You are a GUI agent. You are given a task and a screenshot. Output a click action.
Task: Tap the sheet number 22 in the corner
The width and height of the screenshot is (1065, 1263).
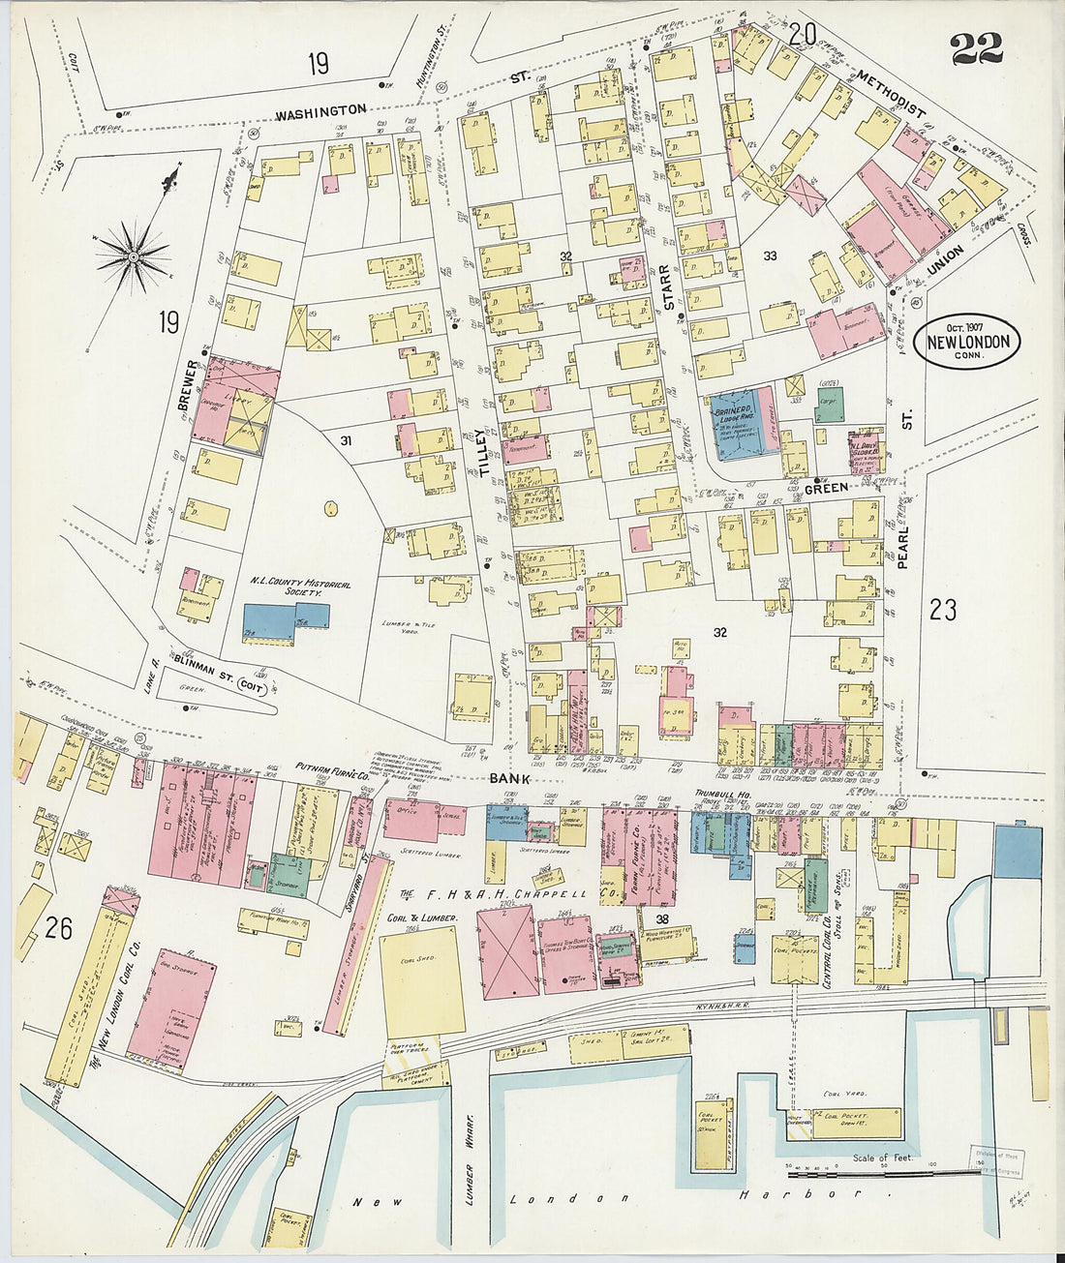coord(976,47)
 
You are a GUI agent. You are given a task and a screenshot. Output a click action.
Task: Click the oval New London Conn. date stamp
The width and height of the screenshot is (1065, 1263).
coord(967,340)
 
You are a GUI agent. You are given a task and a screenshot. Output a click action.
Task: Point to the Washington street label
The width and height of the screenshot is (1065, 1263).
coord(320,112)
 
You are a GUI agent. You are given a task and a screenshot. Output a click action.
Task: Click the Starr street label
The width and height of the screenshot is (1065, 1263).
coord(667,287)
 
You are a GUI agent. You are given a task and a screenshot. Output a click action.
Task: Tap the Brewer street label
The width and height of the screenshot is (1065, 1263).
coord(189,386)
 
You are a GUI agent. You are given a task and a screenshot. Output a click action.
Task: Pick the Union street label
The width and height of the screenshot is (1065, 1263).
coord(945,259)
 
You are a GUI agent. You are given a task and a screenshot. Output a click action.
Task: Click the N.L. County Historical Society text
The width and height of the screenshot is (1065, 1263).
coord(300,588)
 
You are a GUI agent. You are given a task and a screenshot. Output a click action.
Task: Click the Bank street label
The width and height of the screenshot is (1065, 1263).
coord(509,777)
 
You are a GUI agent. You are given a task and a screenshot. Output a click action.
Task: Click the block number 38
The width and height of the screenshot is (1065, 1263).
coord(662,920)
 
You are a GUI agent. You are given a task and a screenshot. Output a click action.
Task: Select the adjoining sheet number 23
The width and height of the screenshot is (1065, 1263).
coord(942,609)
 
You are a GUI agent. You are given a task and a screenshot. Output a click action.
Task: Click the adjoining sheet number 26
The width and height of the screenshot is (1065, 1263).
coord(58,928)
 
